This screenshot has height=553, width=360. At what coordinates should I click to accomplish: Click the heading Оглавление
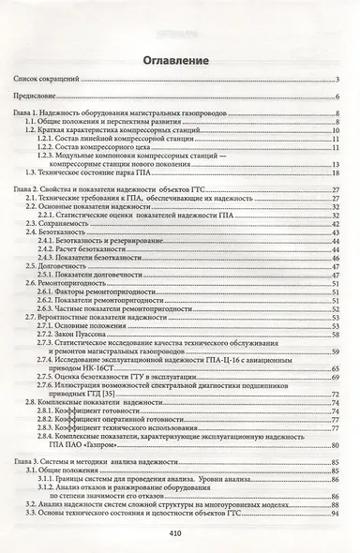[179, 61]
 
